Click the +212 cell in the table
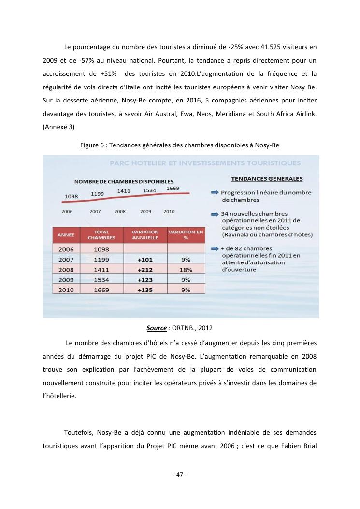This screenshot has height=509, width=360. [x=145, y=269]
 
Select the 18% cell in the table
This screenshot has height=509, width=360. [x=186, y=269]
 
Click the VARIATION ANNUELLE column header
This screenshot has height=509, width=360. [x=145, y=234]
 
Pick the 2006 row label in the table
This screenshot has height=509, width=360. [x=66, y=249]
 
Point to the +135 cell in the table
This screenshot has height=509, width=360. [x=145, y=290]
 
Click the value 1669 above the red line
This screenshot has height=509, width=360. [x=173, y=188]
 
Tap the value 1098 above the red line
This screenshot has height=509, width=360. [x=72, y=196]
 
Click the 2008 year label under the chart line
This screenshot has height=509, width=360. [x=120, y=211]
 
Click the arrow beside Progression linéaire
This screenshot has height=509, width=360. [x=215, y=193]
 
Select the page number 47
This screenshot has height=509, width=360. [x=180, y=474]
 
